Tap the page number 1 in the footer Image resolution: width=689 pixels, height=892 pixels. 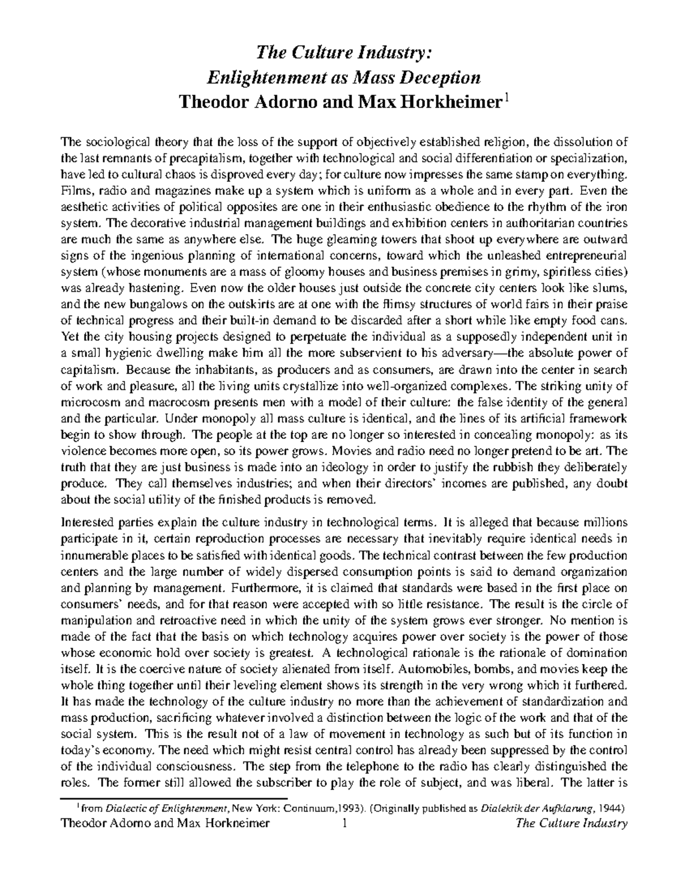pos(344,824)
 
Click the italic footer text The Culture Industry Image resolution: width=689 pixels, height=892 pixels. pos(572,824)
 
